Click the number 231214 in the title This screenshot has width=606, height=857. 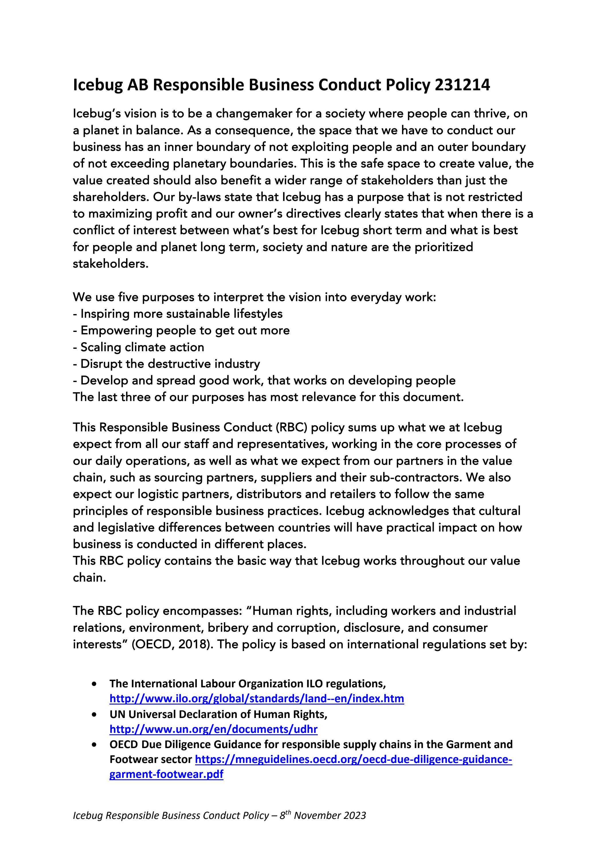click(462, 85)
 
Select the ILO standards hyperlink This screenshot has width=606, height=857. click(256, 698)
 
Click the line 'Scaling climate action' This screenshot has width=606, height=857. click(139, 347)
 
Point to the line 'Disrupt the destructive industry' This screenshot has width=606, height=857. click(167, 363)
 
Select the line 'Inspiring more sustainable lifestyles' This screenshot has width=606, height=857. click(178, 314)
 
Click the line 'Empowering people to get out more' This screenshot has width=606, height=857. click(182, 330)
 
